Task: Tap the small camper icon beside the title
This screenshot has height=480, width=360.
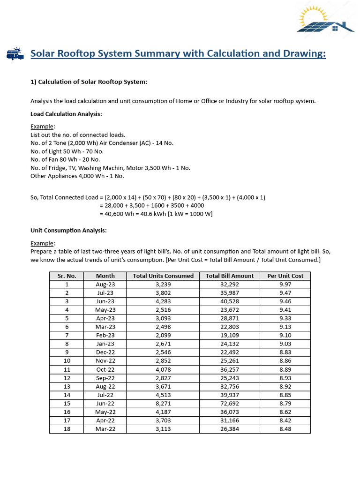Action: (15, 54)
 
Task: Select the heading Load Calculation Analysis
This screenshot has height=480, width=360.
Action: (66, 114)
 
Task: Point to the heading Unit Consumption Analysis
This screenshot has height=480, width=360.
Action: (68, 231)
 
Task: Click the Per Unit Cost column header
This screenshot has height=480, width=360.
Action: (285, 276)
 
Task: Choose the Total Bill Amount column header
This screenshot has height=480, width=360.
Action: (229, 276)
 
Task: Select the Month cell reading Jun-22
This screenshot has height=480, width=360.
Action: (105, 404)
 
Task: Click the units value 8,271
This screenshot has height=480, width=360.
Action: (163, 404)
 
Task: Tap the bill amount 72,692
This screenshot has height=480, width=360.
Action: (229, 404)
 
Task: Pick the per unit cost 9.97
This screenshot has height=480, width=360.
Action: (285, 285)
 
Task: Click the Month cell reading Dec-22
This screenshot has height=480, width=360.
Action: (105, 352)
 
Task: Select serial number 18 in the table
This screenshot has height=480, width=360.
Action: (67, 429)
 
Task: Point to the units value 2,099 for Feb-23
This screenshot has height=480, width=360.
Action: (163, 336)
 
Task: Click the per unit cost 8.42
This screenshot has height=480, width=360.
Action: (285, 420)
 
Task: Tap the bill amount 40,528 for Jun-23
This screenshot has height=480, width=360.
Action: (229, 301)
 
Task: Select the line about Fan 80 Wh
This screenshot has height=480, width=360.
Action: (65, 159)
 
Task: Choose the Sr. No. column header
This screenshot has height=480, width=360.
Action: (67, 276)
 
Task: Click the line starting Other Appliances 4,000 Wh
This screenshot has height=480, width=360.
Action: (77, 176)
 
